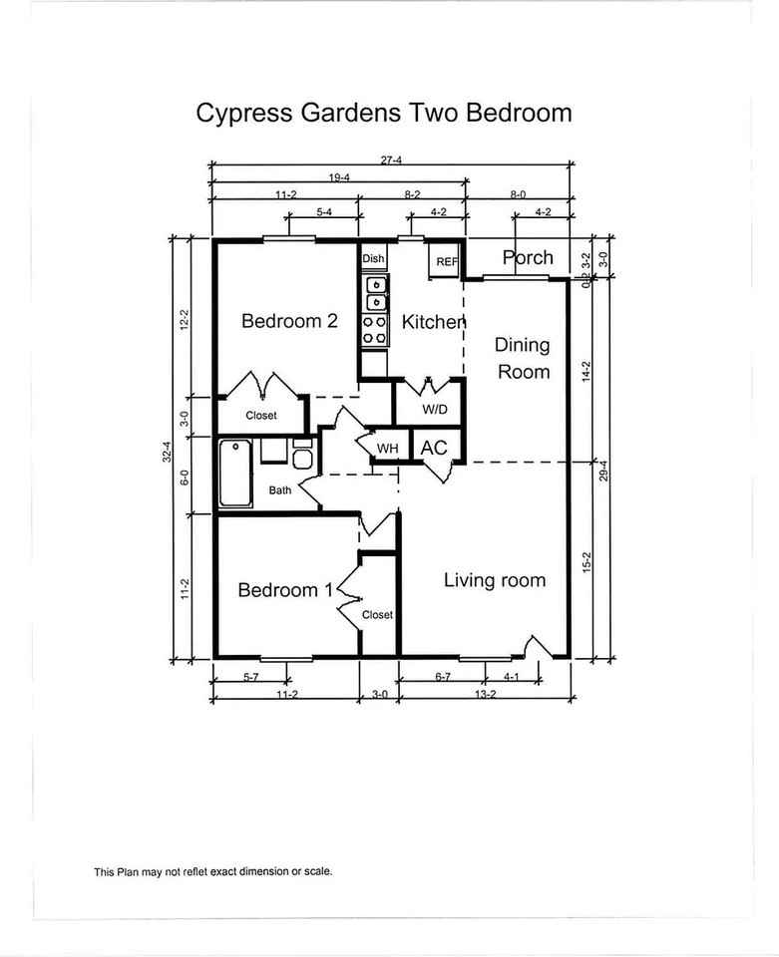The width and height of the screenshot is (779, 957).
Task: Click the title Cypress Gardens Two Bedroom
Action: (383, 114)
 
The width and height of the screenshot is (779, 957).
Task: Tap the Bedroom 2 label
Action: (289, 321)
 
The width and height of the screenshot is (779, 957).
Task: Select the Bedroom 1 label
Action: (285, 590)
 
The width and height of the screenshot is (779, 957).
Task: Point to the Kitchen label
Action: (434, 322)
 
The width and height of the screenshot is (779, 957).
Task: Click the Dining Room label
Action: (523, 359)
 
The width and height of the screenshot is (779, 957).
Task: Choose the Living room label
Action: (495, 580)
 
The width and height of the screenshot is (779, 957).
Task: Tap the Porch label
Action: (528, 257)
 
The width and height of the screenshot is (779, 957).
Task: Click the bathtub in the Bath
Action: (235, 473)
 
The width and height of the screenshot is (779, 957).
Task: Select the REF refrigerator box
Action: (446, 260)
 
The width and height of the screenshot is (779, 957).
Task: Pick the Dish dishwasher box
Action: (374, 258)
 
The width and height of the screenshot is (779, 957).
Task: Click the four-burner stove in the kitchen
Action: (375, 330)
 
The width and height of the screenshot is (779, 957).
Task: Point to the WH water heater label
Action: (387, 449)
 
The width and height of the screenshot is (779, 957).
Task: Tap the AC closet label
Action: (434, 448)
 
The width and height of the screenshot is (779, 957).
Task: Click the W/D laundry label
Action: (435, 410)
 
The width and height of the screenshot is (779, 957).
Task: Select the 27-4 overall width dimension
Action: (391, 160)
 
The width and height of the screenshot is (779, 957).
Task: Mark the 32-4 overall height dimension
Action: (168, 452)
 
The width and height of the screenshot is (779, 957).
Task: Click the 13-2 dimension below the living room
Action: (486, 694)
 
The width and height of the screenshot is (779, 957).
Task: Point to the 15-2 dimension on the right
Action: (587, 562)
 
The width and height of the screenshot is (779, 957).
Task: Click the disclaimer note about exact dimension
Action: (213, 871)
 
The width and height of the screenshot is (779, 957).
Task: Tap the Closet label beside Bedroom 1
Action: (377, 615)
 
